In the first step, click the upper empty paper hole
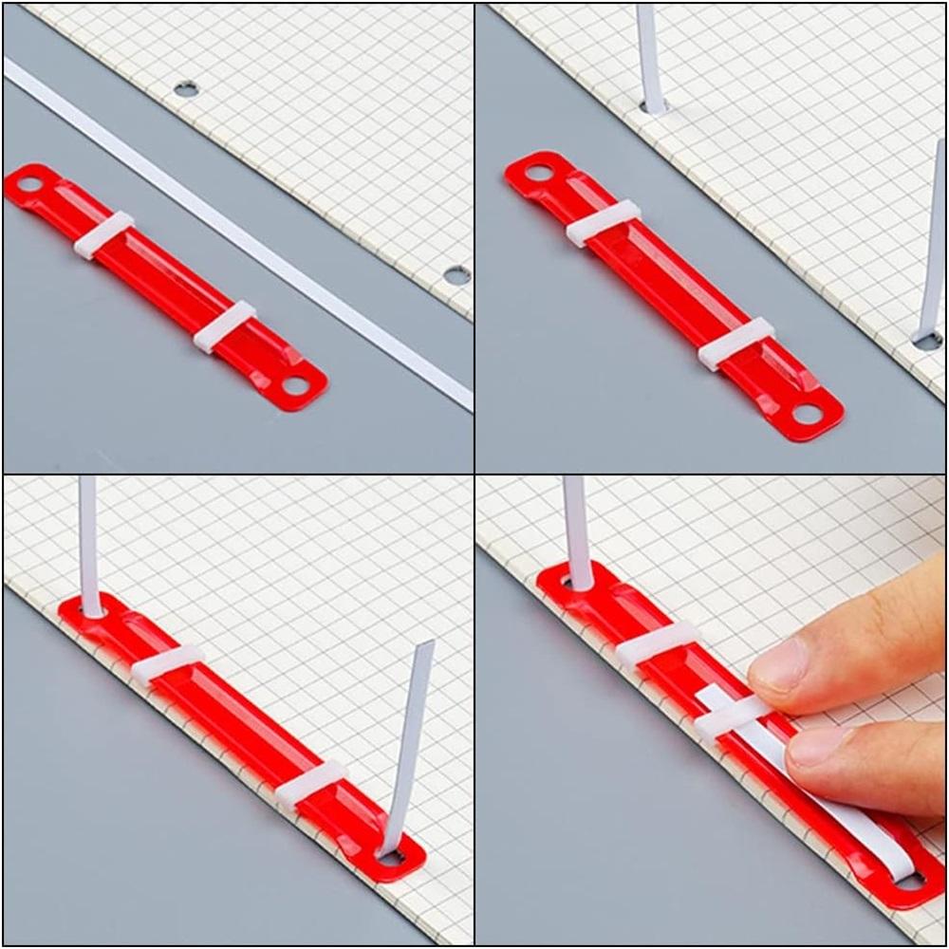(186, 89)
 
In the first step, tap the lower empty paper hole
(456, 275)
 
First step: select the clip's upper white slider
(103, 234)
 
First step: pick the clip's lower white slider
(224, 326)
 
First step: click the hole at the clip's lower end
(296, 385)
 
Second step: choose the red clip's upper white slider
(603, 223)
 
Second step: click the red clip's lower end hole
(807, 414)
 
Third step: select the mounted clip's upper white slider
(167, 664)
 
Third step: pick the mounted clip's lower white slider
(311, 784)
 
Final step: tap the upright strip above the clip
(577, 531)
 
